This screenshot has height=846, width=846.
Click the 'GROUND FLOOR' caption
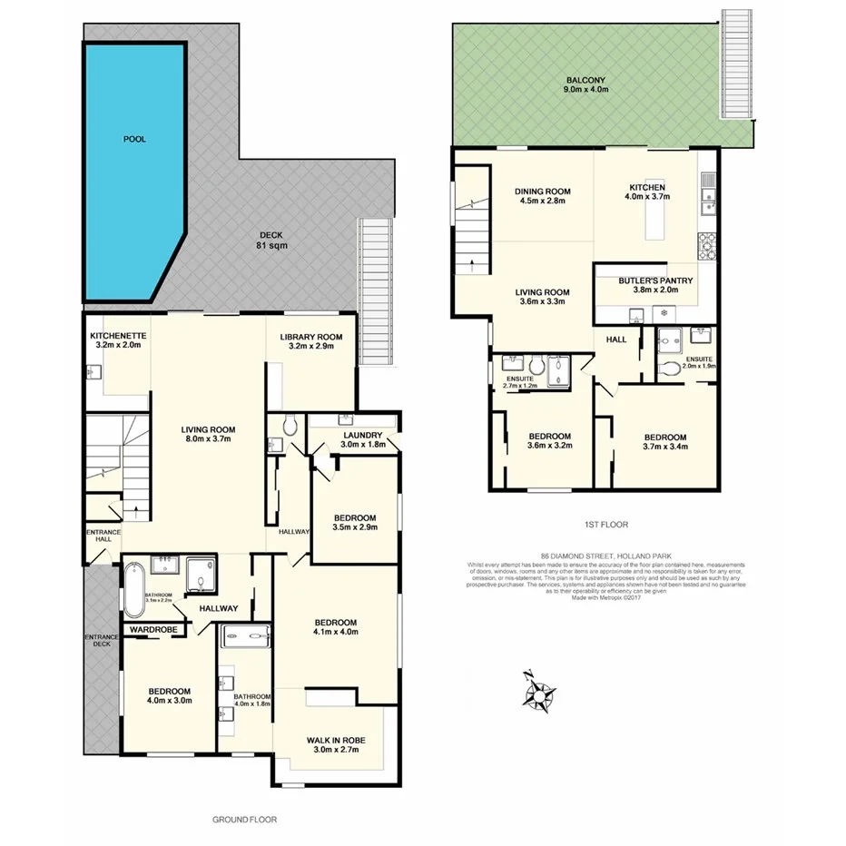coord(244,819)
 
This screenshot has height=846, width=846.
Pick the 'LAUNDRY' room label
coord(362,438)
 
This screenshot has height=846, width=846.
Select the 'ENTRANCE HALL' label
coord(98,536)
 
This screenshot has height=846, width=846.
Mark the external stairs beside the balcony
coord(736,64)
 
